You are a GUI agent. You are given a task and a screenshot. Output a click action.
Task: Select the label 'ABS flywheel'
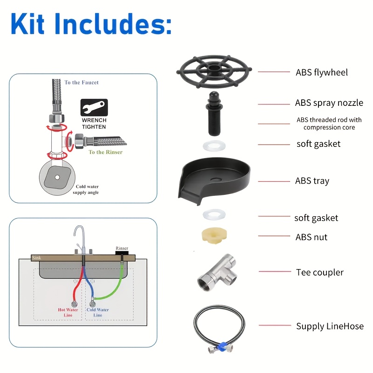[x=322, y=72]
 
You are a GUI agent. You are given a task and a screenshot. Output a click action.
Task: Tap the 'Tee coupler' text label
[x=320, y=272]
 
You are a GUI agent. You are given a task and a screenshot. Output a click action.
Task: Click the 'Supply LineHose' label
[x=330, y=326]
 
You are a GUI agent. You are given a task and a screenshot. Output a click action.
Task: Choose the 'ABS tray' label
[x=312, y=181]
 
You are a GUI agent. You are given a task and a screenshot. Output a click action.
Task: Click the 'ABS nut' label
[x=311, y=237]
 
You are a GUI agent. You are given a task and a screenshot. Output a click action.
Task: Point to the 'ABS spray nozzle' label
[x=329, y=103]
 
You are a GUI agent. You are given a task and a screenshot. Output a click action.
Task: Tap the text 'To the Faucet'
[x=82, y=83]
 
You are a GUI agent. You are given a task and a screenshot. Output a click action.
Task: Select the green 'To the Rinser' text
[x=106, y=152]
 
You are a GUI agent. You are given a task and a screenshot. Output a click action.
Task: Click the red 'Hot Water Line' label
[x=68, y=312]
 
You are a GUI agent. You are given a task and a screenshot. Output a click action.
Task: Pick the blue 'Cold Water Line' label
[x=97, y=312]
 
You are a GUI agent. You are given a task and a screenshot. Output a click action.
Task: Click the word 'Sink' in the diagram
[x=36, y=257]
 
